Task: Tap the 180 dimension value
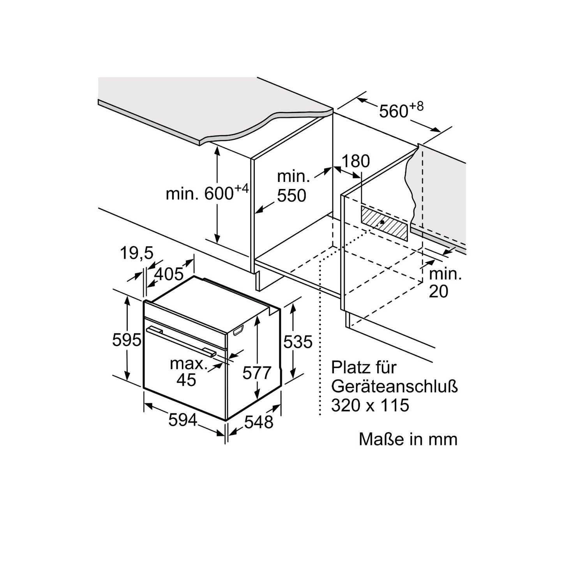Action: coord(355,161)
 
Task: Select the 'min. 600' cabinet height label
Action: coord(206,193)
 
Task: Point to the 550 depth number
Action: coord(291,196)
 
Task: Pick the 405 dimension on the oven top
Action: coord(169,274)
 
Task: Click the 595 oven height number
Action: coord(126,340)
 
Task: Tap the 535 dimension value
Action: coord(298,342)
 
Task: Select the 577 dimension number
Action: coord(256,373)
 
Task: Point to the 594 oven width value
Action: coord(183,420)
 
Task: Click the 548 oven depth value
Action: coord(259,422)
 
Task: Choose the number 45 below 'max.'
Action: coord(186,380)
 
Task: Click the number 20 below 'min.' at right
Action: coord(438,291)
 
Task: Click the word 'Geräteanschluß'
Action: coord(394,387)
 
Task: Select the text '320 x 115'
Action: coord(370,406)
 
